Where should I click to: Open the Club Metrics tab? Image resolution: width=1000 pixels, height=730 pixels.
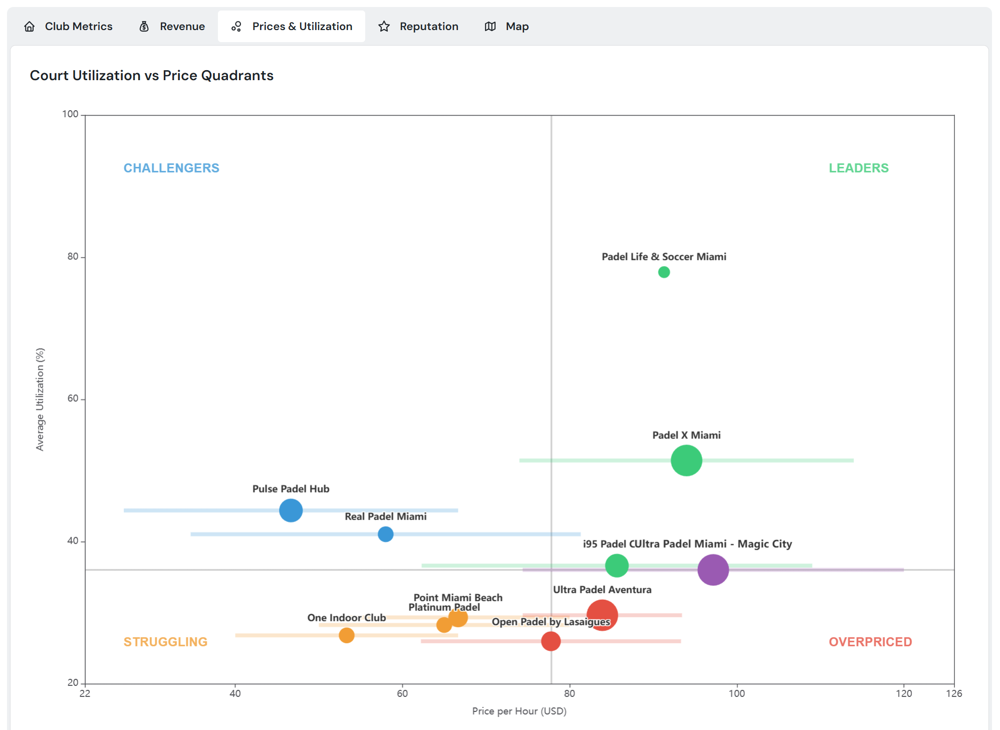point(69,27)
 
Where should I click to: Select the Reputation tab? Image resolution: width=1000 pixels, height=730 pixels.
point(418,27)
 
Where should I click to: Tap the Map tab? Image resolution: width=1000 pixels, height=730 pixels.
point(507,27)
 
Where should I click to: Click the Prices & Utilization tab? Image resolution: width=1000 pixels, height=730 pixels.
point(292,27)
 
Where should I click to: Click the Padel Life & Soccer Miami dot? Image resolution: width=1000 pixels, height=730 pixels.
point(664,272)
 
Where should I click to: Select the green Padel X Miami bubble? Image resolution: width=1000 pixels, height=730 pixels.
point(686,460)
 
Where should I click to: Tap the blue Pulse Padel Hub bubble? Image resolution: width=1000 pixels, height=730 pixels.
point(291,511)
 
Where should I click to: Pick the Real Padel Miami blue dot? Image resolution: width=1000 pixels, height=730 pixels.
point(385,534)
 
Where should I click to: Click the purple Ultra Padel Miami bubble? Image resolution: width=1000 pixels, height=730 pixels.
point(712,570)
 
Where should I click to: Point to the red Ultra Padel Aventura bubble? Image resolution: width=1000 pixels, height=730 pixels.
point(602,614)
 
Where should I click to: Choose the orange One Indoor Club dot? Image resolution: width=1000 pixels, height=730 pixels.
point(346,635)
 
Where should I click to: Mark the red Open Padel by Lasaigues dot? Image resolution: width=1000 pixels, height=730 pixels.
point(551,641)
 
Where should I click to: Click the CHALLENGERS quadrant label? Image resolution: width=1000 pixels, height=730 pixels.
point(171,168)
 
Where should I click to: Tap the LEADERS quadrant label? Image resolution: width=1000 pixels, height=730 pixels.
point(858,168)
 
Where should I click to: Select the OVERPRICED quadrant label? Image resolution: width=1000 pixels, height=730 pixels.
point(870,642)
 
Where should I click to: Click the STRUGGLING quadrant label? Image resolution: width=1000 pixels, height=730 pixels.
point(165,642)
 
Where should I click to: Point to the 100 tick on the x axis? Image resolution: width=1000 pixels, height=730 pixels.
point(736,693)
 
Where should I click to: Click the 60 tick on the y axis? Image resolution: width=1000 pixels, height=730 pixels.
point(73,399)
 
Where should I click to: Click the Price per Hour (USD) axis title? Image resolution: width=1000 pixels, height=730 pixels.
point(519,711)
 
